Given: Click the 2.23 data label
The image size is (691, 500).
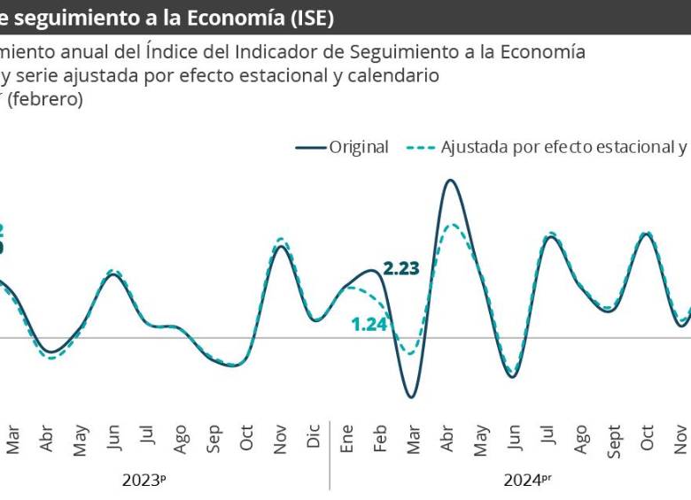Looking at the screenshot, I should click(x=400, y=269).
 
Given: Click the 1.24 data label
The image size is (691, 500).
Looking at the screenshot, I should click(x=369, y=324).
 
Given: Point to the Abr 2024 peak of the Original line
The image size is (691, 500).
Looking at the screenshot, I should click(x=451, y=180).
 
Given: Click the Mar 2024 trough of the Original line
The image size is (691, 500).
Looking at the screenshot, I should click(x=411, y=396).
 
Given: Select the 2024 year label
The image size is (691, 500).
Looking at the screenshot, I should click(x=523, y=481).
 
